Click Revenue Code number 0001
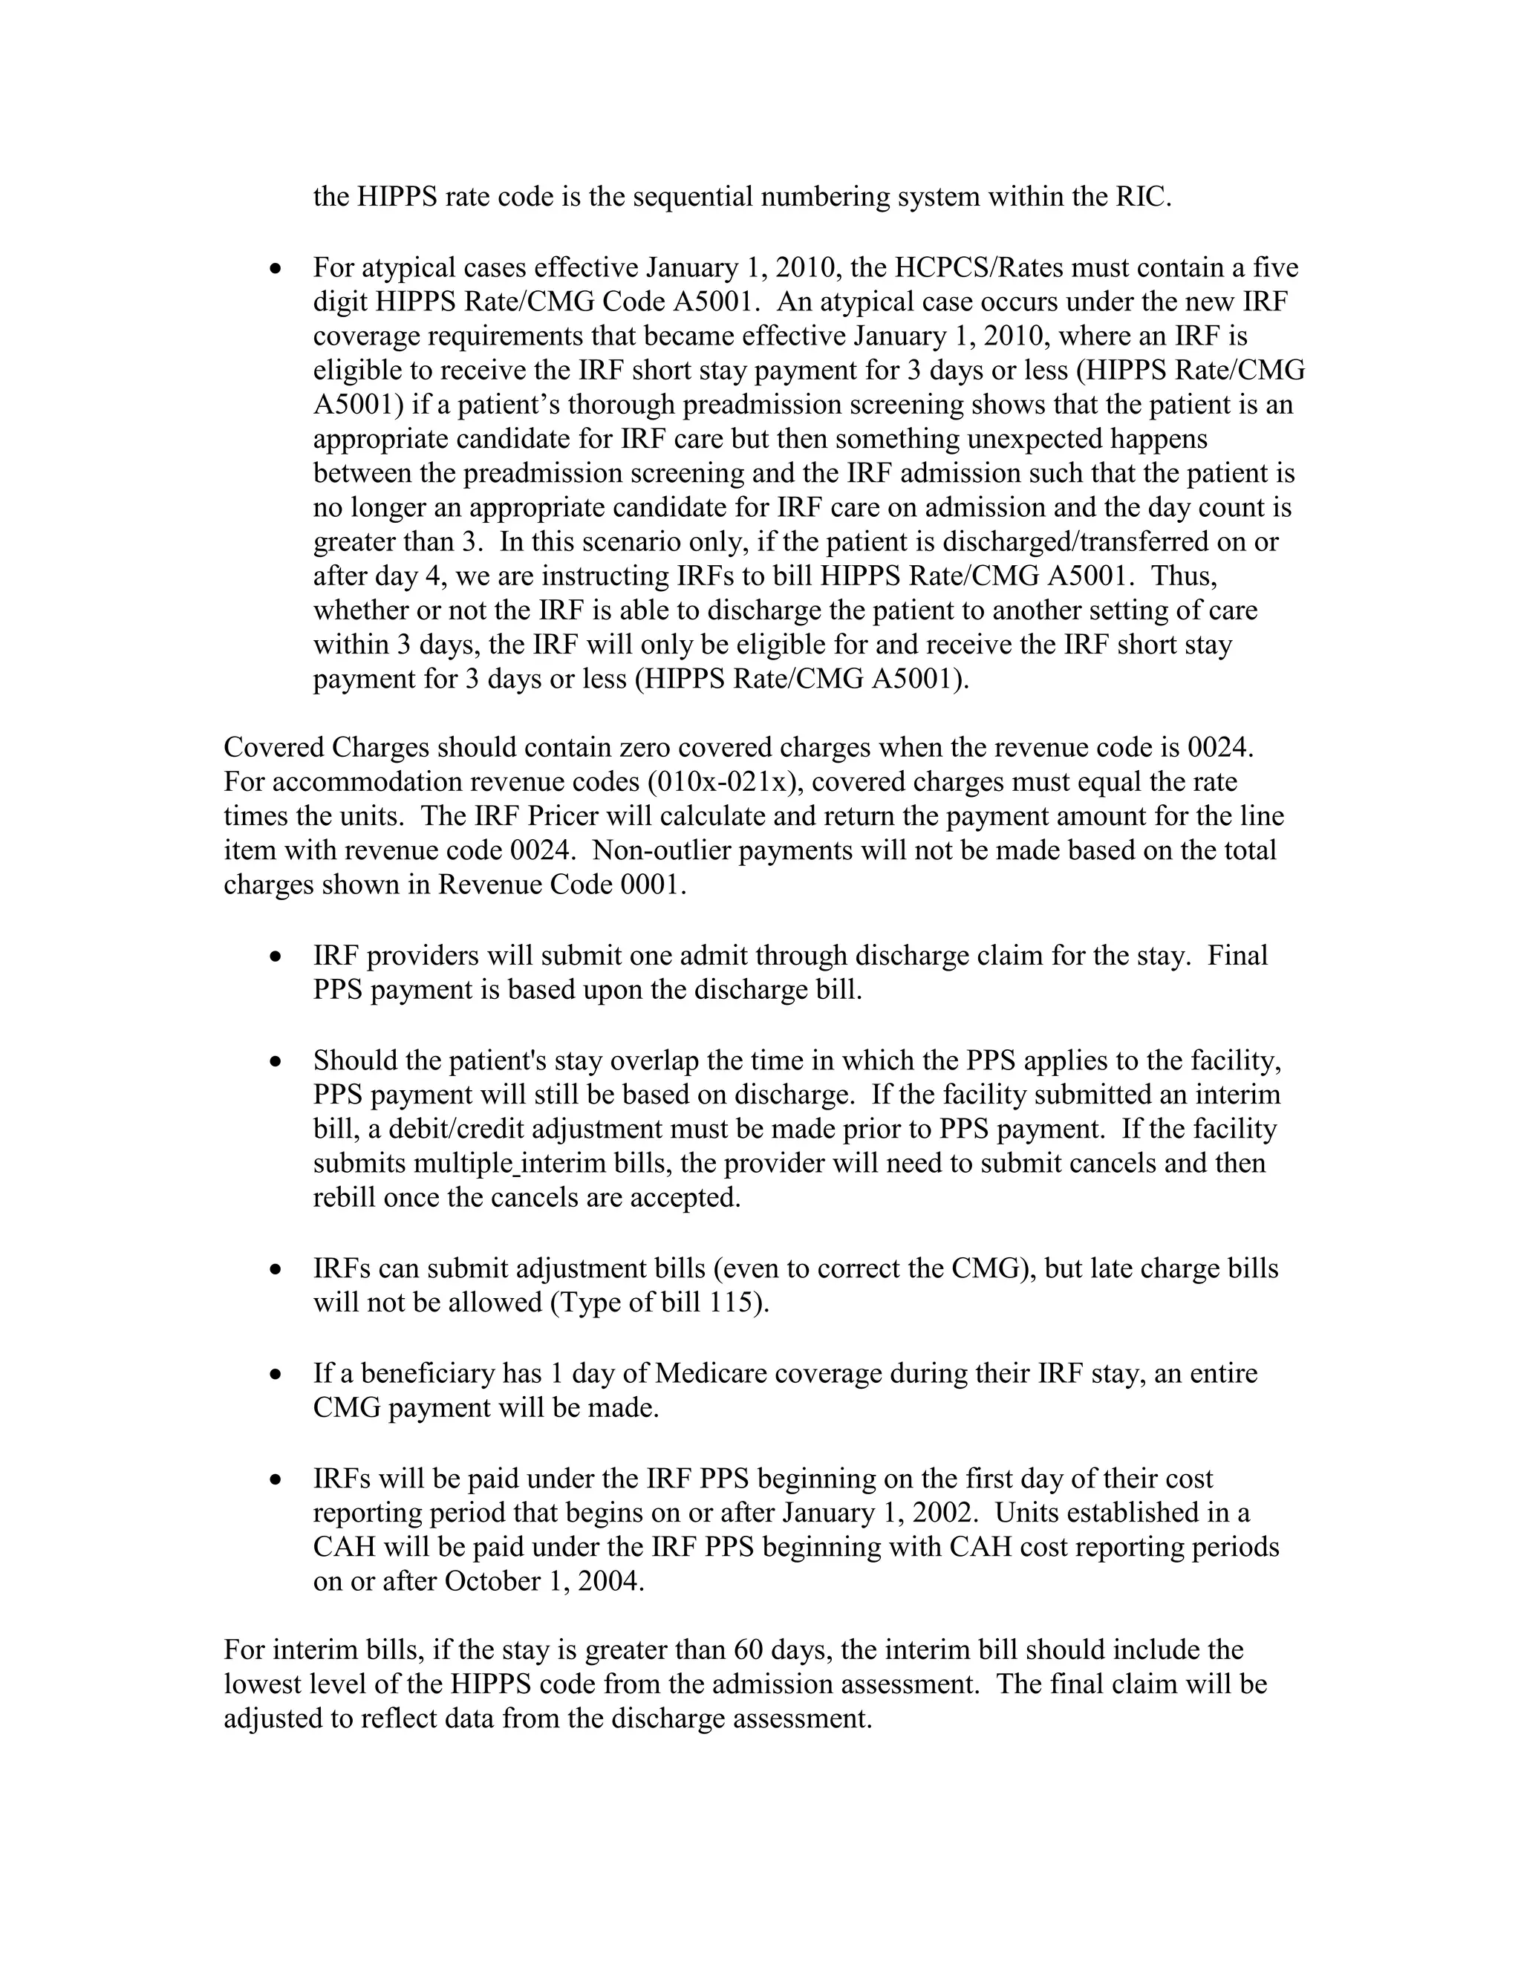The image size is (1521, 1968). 651,885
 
